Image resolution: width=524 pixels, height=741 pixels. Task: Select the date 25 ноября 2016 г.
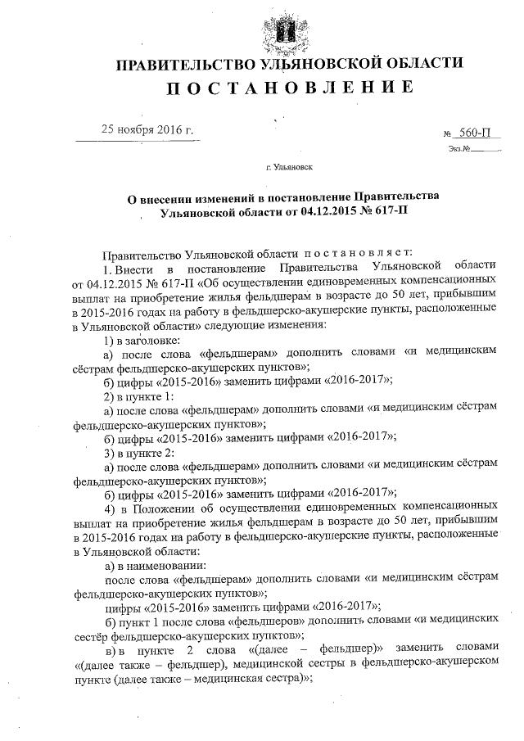click(x=147, y=129)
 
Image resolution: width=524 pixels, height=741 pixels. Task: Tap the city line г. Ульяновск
click(x=289, y=168)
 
